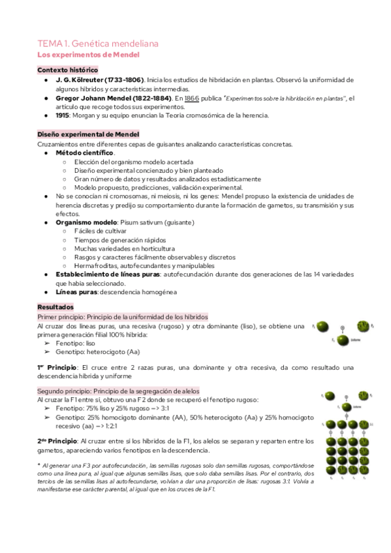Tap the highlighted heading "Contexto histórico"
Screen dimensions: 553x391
(68, 70)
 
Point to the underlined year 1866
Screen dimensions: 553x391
(191, 98)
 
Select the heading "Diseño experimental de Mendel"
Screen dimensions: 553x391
(87, 134)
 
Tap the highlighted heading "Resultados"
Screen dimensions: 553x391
(56, 306)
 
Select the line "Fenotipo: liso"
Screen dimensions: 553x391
(76, 342)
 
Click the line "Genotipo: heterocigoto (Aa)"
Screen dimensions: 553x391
(97, 351)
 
